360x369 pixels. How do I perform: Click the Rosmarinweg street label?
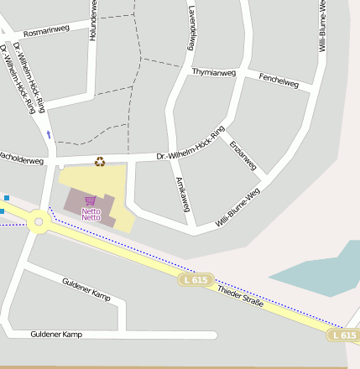[46, 31]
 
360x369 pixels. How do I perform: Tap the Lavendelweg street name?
[192, 27]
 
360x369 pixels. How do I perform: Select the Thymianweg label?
[214, 72]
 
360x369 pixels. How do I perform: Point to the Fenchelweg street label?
[279, 81]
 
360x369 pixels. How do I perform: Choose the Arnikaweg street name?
[183, 194]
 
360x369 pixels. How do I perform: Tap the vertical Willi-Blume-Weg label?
[322, 27]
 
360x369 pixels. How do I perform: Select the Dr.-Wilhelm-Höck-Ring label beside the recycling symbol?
[191, 144]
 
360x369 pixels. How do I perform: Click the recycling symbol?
[100, 162]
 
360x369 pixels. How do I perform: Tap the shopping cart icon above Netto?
[91, 200]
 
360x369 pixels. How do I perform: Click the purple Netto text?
[91, 215]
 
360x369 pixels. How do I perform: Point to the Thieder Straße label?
[240, 296]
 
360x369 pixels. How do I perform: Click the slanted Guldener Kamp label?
[86, 288]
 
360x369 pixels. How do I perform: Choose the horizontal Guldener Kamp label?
[56, 335]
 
